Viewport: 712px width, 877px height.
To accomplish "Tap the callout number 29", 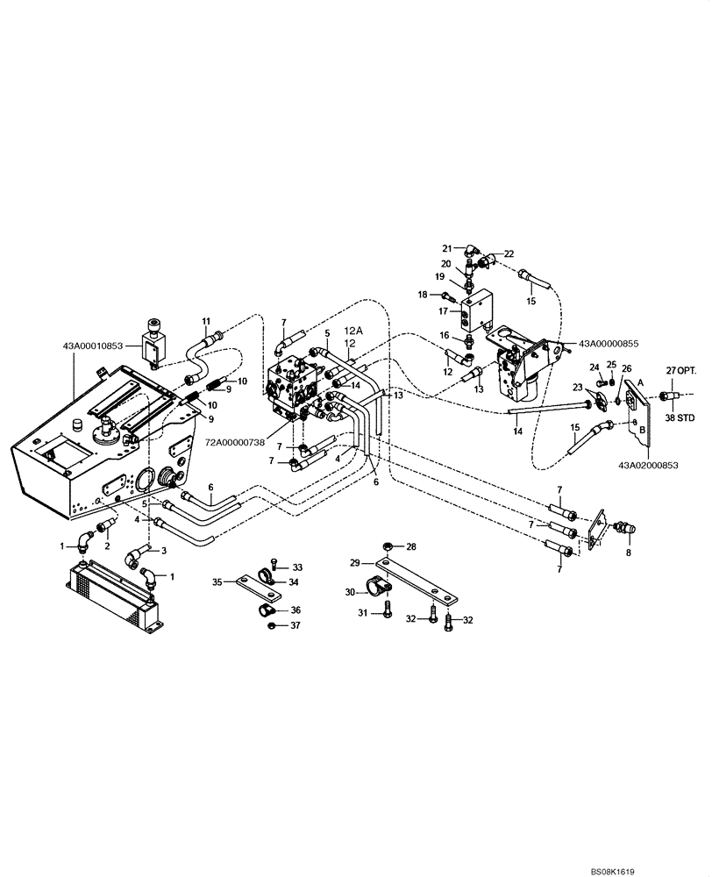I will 355,562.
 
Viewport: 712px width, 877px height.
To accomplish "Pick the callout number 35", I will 217,580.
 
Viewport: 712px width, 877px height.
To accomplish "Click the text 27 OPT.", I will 681,371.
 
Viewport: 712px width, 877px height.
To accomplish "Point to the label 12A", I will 352,330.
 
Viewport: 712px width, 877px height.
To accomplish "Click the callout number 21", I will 446,248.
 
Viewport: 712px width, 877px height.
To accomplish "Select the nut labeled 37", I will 273,625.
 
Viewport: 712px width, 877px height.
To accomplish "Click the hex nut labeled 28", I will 388,547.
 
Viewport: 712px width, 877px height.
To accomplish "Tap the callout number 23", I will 578,387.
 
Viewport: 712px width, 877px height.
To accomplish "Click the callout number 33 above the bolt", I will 296,567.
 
